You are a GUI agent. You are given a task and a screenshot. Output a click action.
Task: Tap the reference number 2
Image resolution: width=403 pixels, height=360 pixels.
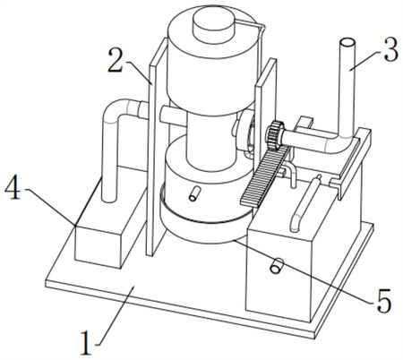(116, 60)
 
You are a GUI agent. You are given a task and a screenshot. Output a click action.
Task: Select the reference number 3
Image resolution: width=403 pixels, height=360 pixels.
(390, 50)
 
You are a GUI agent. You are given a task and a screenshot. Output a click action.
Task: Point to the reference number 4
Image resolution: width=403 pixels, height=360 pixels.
(13, 188)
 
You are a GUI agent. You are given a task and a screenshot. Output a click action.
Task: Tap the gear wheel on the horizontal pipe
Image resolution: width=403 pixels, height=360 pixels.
(275, 134)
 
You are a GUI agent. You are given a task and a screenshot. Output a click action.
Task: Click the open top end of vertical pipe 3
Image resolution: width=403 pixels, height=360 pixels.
(347, 43)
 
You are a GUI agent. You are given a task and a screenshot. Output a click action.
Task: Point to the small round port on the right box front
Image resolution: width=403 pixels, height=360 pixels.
(276, 265)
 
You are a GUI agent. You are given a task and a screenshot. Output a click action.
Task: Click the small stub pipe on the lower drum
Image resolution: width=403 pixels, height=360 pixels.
(193, 193)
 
